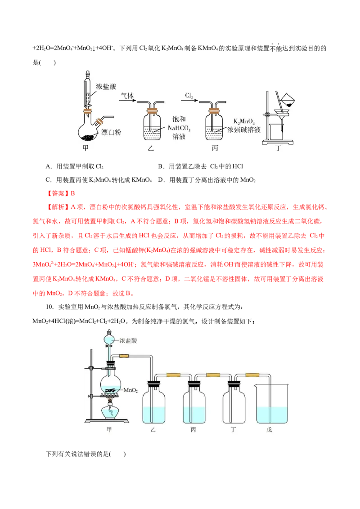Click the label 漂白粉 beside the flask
point(110,132)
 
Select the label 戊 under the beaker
point(270,430)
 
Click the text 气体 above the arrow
point(126,96)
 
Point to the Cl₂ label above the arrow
point(189,96)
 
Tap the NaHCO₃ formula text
point(178,128)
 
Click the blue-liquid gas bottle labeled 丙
point(194,405)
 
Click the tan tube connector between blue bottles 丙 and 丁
point(212,375)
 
